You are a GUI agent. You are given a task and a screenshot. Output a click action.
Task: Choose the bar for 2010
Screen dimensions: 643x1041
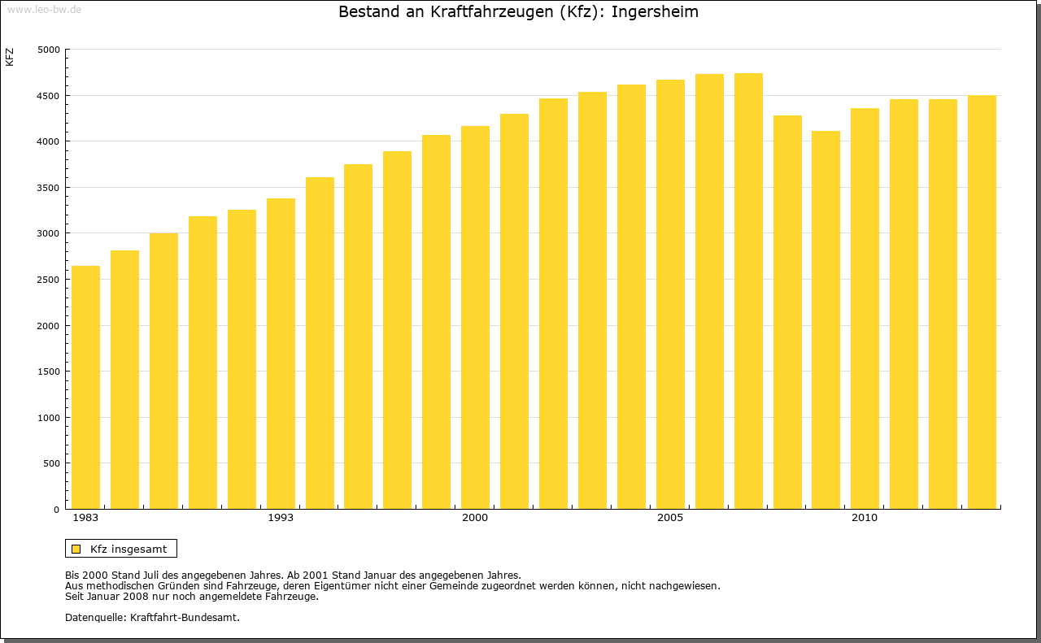point(865,309)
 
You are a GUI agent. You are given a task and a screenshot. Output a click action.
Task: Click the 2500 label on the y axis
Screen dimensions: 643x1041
point(50,280)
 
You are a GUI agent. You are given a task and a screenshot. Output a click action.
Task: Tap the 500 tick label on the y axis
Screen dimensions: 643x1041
point(52,463)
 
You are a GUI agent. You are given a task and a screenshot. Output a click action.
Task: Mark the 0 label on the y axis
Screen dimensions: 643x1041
point(57,510)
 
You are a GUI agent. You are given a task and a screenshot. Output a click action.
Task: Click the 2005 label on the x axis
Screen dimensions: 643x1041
point(670,518)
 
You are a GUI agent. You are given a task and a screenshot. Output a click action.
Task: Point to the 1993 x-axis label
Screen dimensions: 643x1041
point(281,518)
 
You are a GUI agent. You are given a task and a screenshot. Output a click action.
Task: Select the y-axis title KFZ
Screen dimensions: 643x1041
point(10,57)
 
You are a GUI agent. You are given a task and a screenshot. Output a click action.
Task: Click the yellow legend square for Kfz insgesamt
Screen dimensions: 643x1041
point(76,549)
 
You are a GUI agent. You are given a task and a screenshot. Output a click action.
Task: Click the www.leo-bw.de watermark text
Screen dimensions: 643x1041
point(44,9)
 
